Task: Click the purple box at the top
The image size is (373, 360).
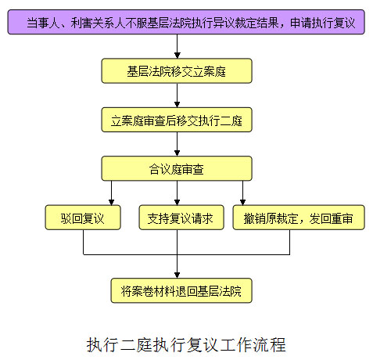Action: click(x=186, y=22)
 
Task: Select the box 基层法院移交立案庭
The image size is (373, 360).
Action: click(x=177, y=70)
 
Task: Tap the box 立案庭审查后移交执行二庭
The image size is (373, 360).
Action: click(x=177, y=120)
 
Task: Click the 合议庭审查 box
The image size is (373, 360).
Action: click(x=177, y=168)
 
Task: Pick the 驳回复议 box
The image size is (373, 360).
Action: click(x=83, y=218)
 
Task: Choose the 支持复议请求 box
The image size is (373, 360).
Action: click(x=181, y=218)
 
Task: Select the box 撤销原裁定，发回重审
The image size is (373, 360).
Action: click(x=299, y=218)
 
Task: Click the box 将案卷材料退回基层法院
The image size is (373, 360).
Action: click(x=181, y=290)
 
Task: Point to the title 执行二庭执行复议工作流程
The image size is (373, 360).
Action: click(x=186, y=344)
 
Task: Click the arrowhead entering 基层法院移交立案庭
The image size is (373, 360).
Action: click(x=178, y=56)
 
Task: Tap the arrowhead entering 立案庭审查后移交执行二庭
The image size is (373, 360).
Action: click(x=178, y=104)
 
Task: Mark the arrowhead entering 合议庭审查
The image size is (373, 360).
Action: click(x=178, y=153)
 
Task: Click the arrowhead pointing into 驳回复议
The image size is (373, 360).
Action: click(x=111, y=202)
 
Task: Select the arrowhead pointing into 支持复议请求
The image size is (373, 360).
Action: click(x=178, y=202)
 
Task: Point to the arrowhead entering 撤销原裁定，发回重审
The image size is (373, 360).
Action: click(x=242, y=202)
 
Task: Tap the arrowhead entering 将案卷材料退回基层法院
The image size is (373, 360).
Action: click(x=178, y=275)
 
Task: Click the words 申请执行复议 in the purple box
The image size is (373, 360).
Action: click(x=322, y=23)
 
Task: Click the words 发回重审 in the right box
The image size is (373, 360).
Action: click(x=331, y=218)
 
